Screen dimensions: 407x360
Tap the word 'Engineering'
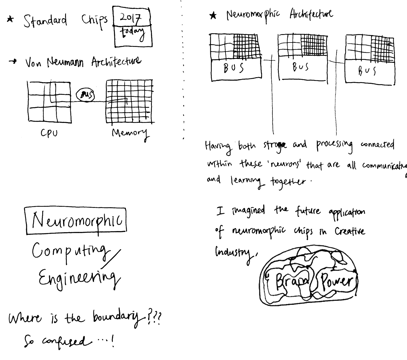[x=77, y=277]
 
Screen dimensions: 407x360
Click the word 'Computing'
[x=71, y=250]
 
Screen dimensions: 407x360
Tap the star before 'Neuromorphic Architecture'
[x=213, y=16]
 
